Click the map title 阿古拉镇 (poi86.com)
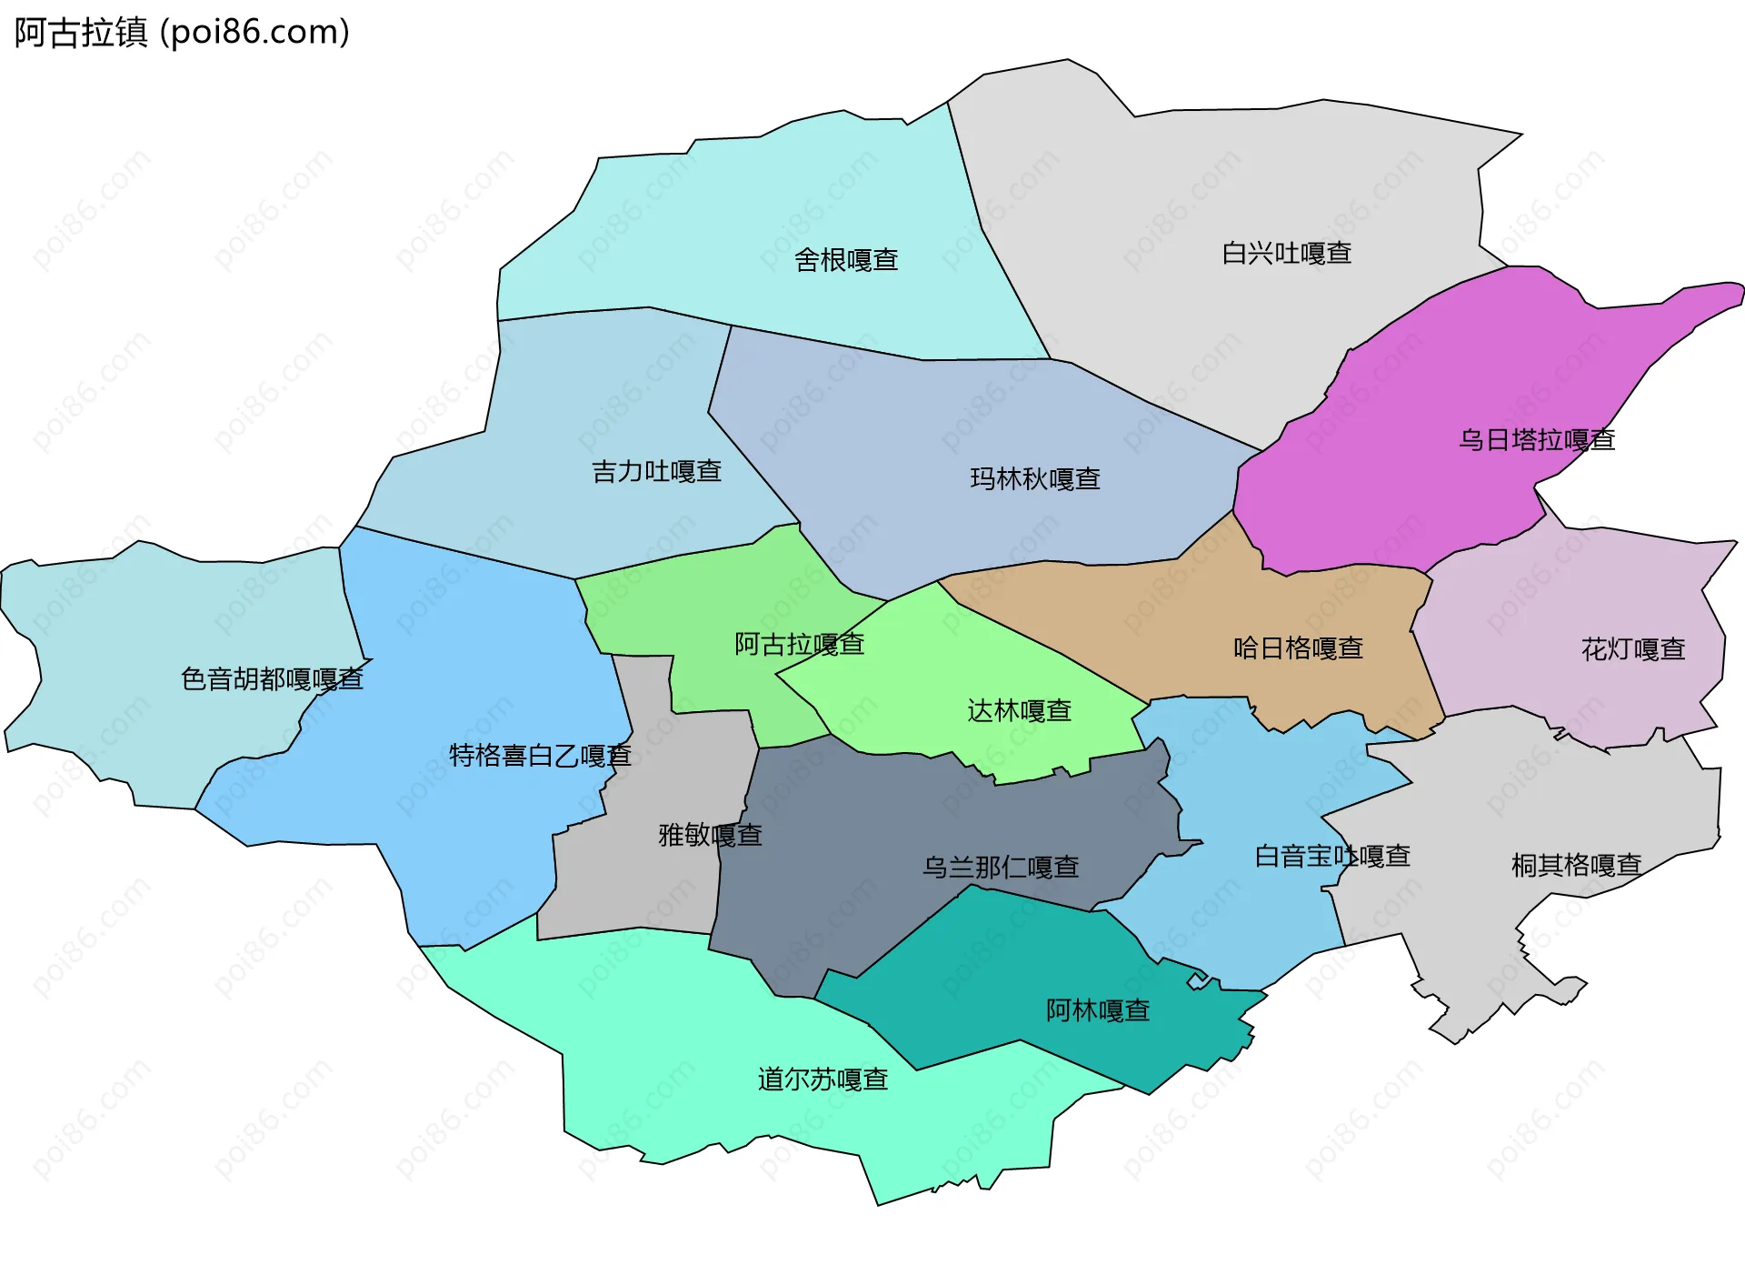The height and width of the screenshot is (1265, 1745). [182, 33]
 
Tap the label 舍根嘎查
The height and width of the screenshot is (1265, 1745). [846, 260]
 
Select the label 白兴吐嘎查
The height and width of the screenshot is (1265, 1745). [1286, 253]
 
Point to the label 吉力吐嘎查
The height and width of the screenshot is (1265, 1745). [656, 471]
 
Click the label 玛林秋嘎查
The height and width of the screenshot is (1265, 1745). [1035, 478]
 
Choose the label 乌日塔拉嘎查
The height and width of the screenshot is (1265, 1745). [1537, 440]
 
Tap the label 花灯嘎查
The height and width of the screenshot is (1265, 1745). [1633, 649]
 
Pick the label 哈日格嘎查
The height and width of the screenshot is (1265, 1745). [1298, 648]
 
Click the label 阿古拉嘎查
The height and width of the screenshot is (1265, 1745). [799, 644]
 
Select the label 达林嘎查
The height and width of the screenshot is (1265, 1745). [1019, 710]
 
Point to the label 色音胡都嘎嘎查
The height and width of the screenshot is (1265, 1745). [272, 678]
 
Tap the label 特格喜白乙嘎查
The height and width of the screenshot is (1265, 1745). [540, 755]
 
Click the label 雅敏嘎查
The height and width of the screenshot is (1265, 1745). [710, 834]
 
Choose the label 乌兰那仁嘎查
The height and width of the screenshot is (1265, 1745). [1001, 867]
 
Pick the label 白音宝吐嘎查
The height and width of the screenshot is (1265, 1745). [1332, 856]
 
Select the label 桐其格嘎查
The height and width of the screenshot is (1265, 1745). [1576, 864]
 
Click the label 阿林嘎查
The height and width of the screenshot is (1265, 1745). [1098, 1009]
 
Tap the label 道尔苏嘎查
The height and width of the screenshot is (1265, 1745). [823, 1079]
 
